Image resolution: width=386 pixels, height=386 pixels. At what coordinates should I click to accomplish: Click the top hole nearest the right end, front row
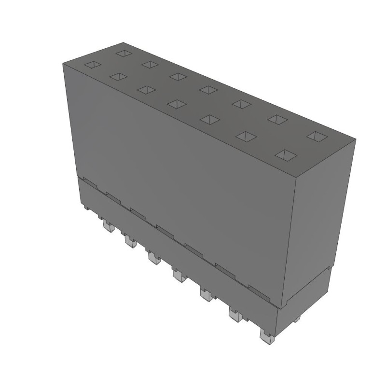[286, 155]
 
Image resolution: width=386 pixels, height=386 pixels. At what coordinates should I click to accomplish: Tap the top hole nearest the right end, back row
[316, 137]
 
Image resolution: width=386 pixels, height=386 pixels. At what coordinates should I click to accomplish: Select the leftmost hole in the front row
[93, 64]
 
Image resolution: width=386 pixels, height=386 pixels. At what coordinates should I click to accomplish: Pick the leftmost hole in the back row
[124, 53]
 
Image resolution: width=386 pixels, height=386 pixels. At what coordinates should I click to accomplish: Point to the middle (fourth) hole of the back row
[208, 89]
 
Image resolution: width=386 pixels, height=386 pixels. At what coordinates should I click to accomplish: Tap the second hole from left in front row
[118, 76]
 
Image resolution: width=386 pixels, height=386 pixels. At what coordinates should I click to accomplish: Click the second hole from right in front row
[246, 137]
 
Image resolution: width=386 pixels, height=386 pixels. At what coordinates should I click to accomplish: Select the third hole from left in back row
[178, 76]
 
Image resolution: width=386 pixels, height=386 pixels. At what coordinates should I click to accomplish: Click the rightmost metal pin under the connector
[265, 336]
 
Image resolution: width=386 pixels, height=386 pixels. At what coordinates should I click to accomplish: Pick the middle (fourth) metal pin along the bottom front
[179, 276]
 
